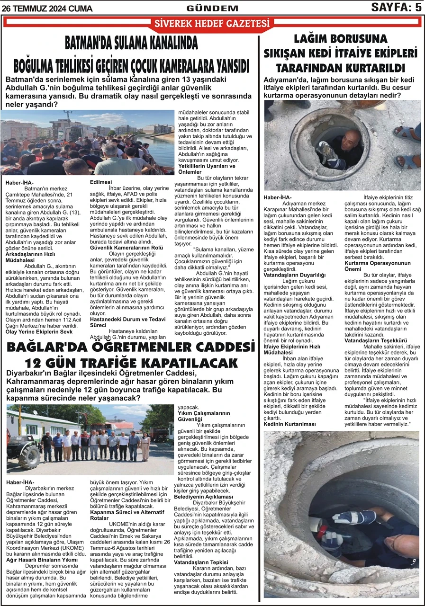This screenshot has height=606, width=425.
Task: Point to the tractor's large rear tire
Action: [x=30, y=455]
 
